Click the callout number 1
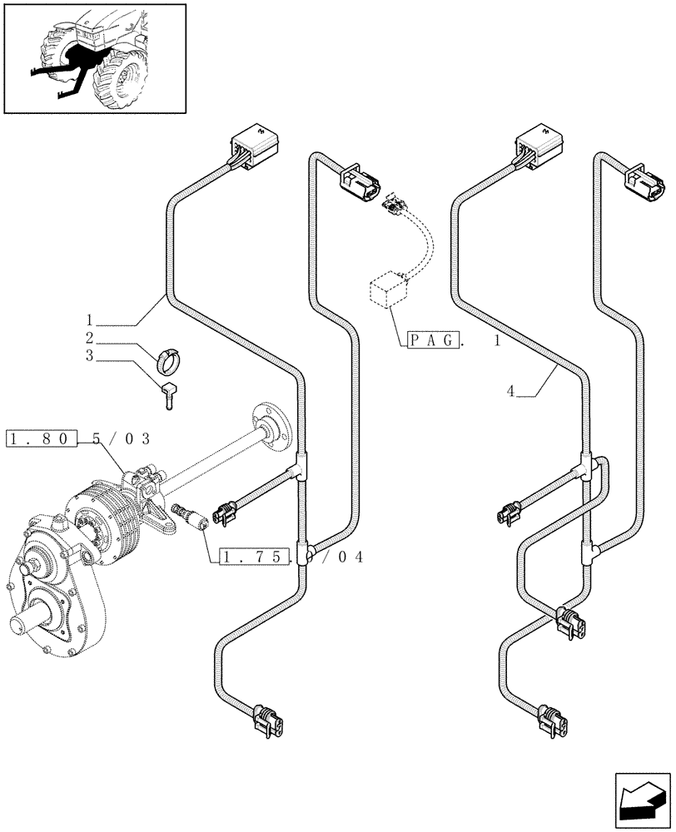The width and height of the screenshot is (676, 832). tap(88, 319)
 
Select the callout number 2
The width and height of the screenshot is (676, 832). tap(88, 339)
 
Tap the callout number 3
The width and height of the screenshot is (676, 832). tap(88, 358)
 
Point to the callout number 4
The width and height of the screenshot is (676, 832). tap(509, 390)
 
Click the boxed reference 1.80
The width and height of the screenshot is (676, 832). tap(42, 438)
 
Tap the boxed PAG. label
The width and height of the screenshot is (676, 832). tap(434, 339)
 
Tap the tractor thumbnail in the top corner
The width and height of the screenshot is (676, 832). tap(93, 58)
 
